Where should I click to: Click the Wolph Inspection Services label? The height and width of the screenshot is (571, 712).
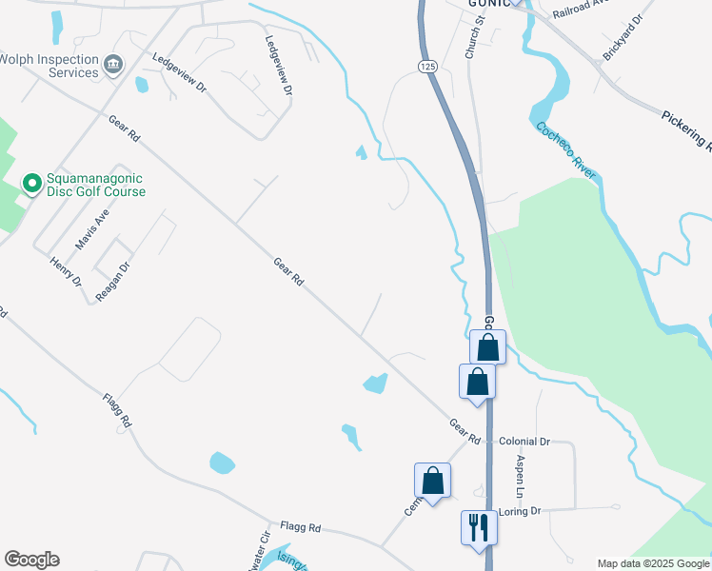[x=49, y=65]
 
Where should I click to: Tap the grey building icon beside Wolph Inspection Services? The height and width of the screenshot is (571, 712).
[x=114, y=65]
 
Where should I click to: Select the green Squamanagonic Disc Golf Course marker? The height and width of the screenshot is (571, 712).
[x=31, y=182]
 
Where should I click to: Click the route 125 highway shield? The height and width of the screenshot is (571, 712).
[x=425, y=66]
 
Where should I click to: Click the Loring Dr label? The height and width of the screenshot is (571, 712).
[x=521, y=511]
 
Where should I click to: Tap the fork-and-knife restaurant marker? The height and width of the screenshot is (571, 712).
[x=478, y=525]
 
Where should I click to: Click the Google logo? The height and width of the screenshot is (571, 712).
[x=31, y=560]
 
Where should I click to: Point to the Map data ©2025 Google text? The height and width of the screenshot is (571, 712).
[x=653, y=563]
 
